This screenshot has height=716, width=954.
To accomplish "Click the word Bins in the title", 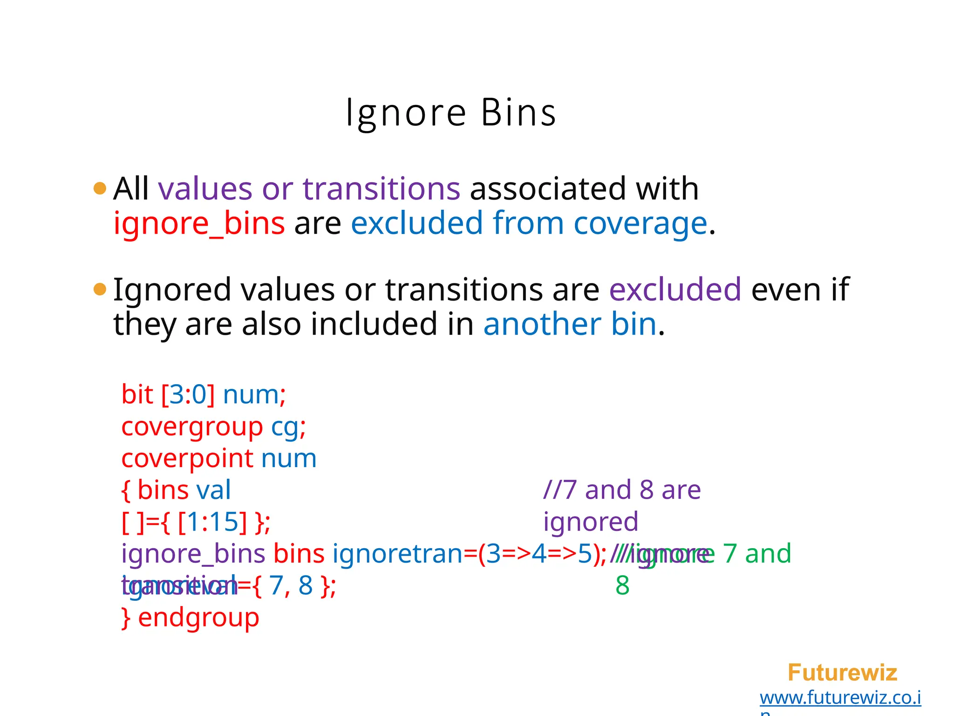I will (x=518, y=113).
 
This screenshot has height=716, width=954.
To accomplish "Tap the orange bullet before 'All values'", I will (x=100, y=189).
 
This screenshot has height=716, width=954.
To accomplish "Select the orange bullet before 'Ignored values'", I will (x=100, y=289).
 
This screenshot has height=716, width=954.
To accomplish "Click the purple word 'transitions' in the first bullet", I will (x=381, y=189).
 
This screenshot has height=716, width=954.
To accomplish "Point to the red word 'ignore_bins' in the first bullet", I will (x=199, y=224).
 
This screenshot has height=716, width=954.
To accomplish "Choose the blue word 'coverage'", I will (x=640, y=224).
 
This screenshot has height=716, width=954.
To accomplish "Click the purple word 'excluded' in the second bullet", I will (x=675, y=289).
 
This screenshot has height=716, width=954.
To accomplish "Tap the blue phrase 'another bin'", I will (x=570, y=324).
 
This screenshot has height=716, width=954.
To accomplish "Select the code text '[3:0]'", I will (x=188, y=395).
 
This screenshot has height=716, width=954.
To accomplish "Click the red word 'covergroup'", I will (x=192, y=427).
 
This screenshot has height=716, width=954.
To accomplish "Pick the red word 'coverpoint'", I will (x=187, y=459).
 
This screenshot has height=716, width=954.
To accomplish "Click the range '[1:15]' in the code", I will (x=212, y=522).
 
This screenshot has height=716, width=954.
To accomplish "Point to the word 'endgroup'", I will (x=198, y=618).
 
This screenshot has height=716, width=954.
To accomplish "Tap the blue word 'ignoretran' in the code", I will (x=397, y=554).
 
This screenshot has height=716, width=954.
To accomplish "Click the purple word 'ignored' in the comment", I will (x=591, y=522).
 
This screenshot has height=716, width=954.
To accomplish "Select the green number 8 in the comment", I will (x=622, y=586).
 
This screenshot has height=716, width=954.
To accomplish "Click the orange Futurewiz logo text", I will (x=842, y=673).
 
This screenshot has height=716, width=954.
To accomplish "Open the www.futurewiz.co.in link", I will (x=840, y=698).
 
